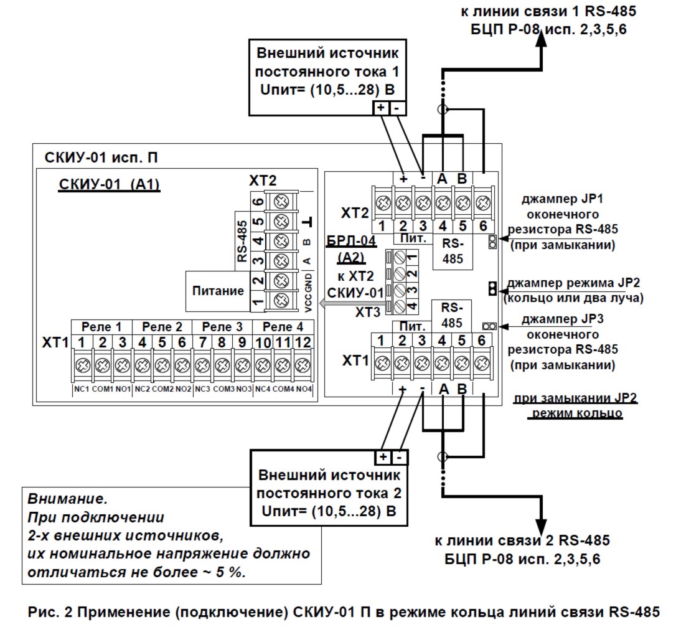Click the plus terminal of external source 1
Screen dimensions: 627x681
coord(381,108)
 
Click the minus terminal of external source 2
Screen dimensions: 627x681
coord(399,458)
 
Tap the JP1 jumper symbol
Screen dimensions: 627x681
coord(492,242)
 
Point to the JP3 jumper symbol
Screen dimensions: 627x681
coord(489,326)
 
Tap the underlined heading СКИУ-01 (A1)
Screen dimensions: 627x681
coord(110,185)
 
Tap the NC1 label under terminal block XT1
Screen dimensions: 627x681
coord(82,389)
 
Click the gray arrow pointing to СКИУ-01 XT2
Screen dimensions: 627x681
coord(323,303)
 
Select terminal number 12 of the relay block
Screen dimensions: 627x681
coord(303,342)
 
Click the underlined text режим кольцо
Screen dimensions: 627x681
coord(575,413)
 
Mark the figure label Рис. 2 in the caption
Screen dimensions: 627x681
coord(49,610)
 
